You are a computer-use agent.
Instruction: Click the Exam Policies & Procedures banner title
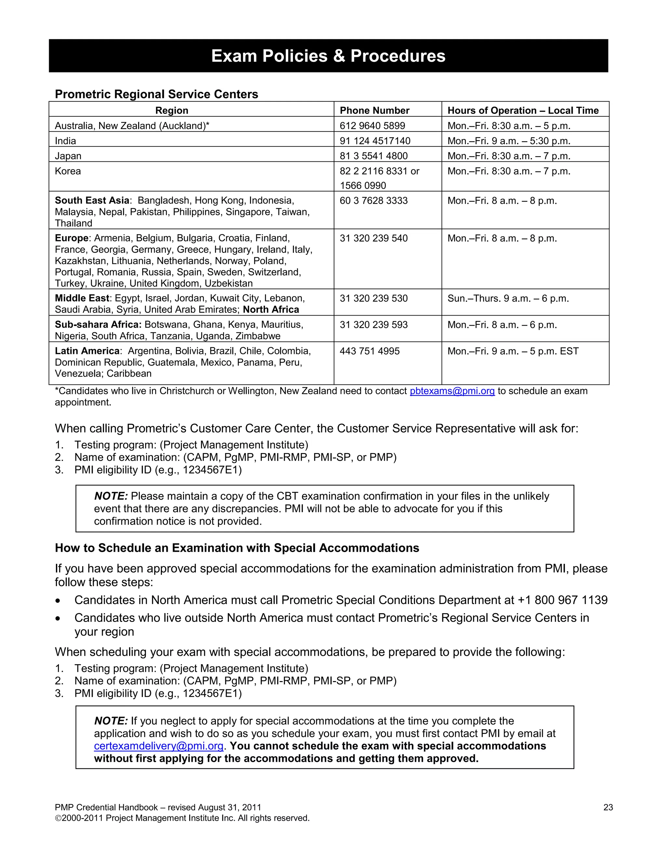point(328,56)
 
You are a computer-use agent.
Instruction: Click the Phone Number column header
point(374,111)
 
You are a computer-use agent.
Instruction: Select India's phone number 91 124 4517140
point(375,141)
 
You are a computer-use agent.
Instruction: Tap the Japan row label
point(68,156)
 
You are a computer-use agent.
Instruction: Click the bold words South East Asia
point(92,200)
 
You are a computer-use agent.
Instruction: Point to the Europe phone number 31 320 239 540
point(373,238)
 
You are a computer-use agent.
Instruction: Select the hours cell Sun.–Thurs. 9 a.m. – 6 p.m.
point(508,298)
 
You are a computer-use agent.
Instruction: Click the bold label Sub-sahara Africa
point(98,325)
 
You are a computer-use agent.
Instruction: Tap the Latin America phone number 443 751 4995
point(369,351)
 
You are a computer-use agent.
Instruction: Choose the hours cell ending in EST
point(513,351)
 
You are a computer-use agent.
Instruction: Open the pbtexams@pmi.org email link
point(452,391)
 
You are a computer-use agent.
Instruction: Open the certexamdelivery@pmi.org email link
point(159,746)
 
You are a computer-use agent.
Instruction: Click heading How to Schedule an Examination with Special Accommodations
point(237,548)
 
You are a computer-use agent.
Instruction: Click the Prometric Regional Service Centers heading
point(156,94)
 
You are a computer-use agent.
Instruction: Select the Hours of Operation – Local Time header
point(523,111)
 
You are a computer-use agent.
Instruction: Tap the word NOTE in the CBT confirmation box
point(111,496)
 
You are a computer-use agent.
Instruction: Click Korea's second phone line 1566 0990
point(363,185)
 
